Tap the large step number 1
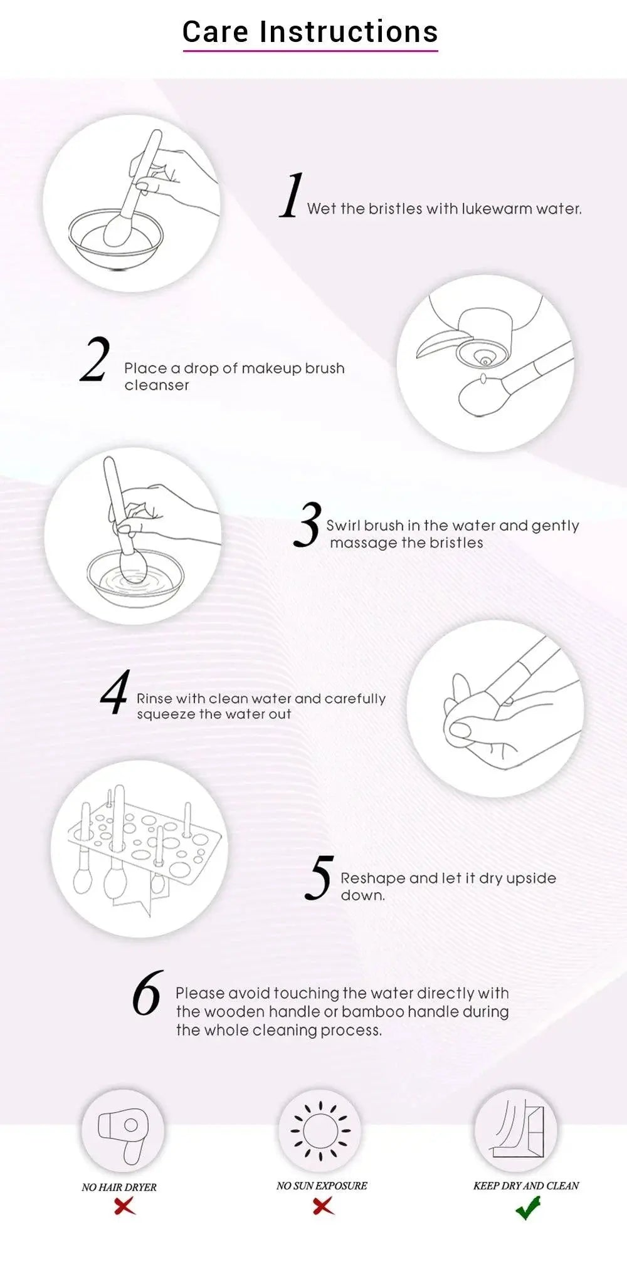point(291,195)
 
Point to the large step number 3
point(307,524)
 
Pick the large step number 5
point(319,877)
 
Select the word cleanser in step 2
point(157,385)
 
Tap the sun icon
point(320,1130)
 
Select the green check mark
point(528,1207)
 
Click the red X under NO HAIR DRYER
point(125,1205)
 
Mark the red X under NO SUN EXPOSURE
point(324,1205)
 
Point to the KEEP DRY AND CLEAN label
point(526,1186)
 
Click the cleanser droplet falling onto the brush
point(483,379)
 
